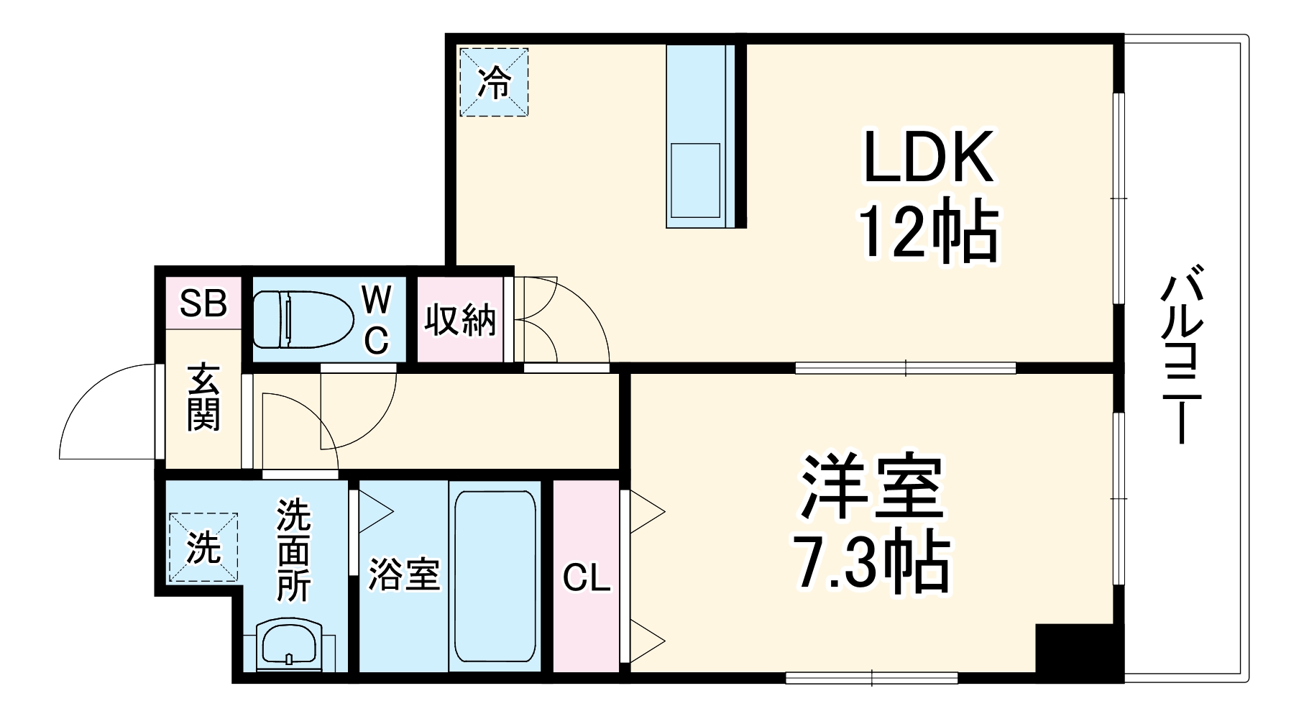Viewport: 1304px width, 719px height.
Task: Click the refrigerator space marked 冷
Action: [494, 82]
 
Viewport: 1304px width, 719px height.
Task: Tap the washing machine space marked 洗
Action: [203, 548]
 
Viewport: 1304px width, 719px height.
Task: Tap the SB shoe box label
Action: [203, 303]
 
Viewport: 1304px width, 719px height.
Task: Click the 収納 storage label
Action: [460, 320]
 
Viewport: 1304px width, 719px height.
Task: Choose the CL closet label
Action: [587, 577]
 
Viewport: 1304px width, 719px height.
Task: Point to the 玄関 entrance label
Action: [203, 398]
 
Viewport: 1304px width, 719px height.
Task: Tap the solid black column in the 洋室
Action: [1079, 649]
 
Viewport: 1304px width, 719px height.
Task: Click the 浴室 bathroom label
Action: [404, 574]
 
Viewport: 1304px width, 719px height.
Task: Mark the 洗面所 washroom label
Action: [293, 550]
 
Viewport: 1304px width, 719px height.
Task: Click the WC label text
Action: [376, 319]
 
